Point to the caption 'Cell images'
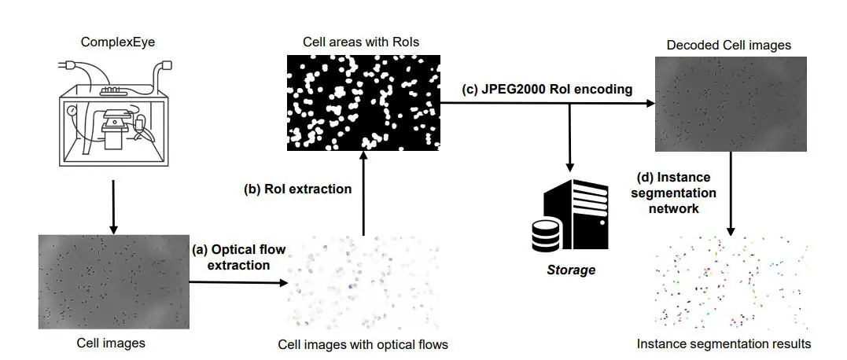tap(111, 343)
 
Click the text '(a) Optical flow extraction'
tap(238, 257)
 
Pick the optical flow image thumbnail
tap(363, 287)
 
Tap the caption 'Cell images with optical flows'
tap(363, 344)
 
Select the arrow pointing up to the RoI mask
tap(363, 197)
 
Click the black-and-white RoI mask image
tap(363, 103)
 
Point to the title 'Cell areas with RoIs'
tap(363, 42)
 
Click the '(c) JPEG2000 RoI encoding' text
tap(547, 90)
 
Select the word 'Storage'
tap(572, 270)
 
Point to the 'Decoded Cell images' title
tap(728, 45)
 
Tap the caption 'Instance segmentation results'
tap(724, 343)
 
